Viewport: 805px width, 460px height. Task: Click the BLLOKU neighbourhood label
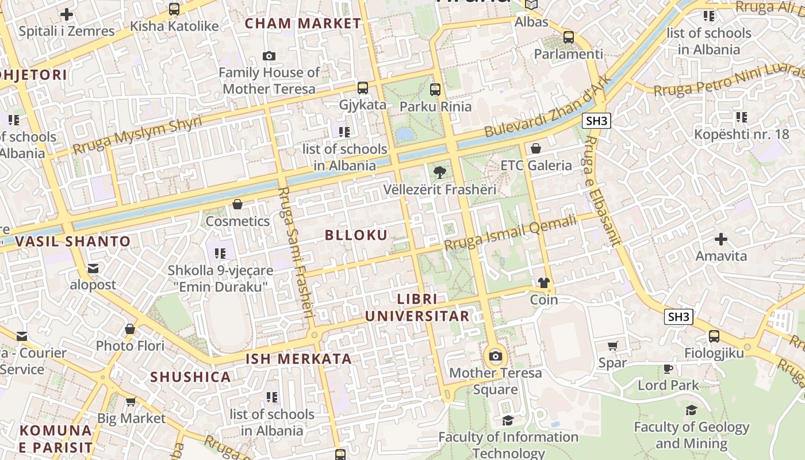click(356, 235)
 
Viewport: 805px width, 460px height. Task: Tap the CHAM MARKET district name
click(303, 24)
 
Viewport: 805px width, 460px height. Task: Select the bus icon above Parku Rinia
click(435, 90)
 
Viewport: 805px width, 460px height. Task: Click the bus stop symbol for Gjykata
click(363, 88)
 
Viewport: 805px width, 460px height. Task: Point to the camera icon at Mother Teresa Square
click(495, 356)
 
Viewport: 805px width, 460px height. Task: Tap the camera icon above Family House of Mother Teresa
click(269, 56)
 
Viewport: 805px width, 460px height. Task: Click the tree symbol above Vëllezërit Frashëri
click(440, 171)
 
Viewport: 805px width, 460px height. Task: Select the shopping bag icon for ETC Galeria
click(536, 148)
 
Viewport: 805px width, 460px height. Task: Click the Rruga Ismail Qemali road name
click(509, 233)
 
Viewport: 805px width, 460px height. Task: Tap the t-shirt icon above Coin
click(544, 282)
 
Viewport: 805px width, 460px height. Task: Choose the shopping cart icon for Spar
click(613, 346)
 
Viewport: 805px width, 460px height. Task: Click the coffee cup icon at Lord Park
click(668, 368)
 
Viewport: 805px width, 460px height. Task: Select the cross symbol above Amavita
click(721, 239)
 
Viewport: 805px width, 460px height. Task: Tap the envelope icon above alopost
click(93, 268)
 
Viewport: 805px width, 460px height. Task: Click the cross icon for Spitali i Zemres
click(67, 14)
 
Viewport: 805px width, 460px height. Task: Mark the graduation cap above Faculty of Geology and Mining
click(691, 410)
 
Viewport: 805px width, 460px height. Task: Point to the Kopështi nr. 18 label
click(742, 135)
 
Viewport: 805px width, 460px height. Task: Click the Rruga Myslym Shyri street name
click(137, 135)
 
